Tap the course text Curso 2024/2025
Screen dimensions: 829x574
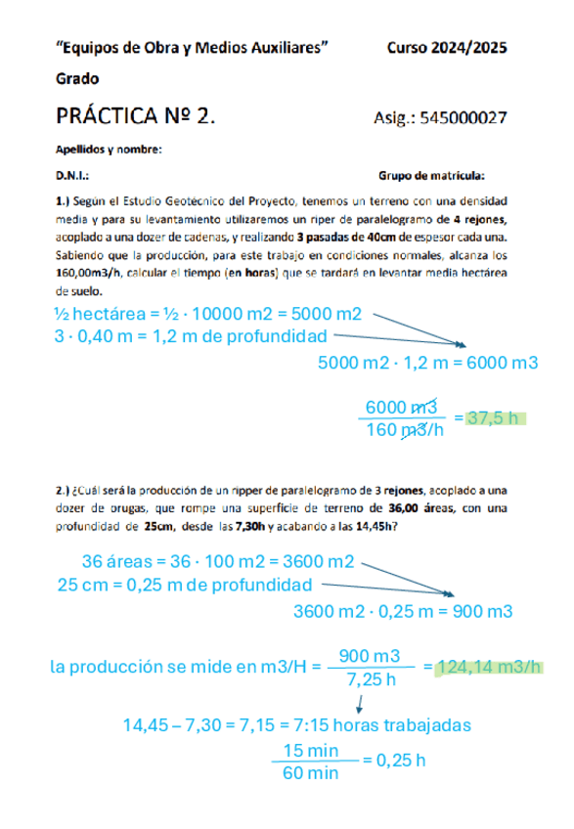tap(448, 46)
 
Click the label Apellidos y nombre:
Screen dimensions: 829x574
tap(109, 149)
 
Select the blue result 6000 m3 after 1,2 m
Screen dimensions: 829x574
tap(503, 363)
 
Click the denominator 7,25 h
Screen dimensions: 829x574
tap(372, 678)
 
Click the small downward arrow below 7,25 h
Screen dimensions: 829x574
tap(362, 702)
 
